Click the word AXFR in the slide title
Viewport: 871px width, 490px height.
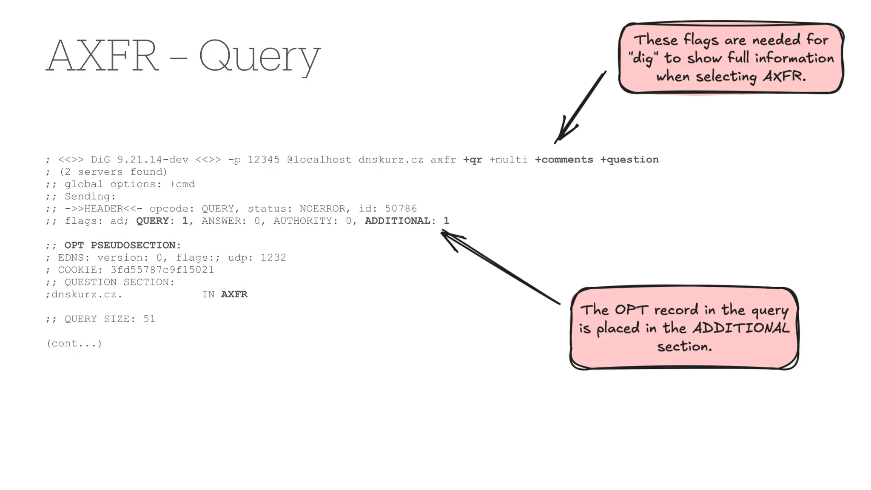[102, 56]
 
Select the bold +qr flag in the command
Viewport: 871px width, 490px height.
[473, 160]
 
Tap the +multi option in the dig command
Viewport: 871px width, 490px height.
[508, 160]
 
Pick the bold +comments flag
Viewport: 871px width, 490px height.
[564, 160]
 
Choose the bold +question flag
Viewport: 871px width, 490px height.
[629, 160]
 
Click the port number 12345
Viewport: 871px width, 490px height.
[264, 160]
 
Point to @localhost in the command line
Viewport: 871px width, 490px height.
[319, 160]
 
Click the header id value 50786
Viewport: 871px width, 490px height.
[401, 208]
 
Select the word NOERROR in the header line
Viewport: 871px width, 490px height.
[322, 208]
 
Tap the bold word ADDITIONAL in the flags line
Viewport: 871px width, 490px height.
[397, 221]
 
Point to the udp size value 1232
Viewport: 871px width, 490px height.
[273, 258]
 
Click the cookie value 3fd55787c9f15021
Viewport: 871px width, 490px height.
[162, 270]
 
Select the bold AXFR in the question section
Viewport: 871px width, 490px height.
[234, 294]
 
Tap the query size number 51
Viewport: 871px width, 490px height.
[149, 319]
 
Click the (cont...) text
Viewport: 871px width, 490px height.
[74, 344]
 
